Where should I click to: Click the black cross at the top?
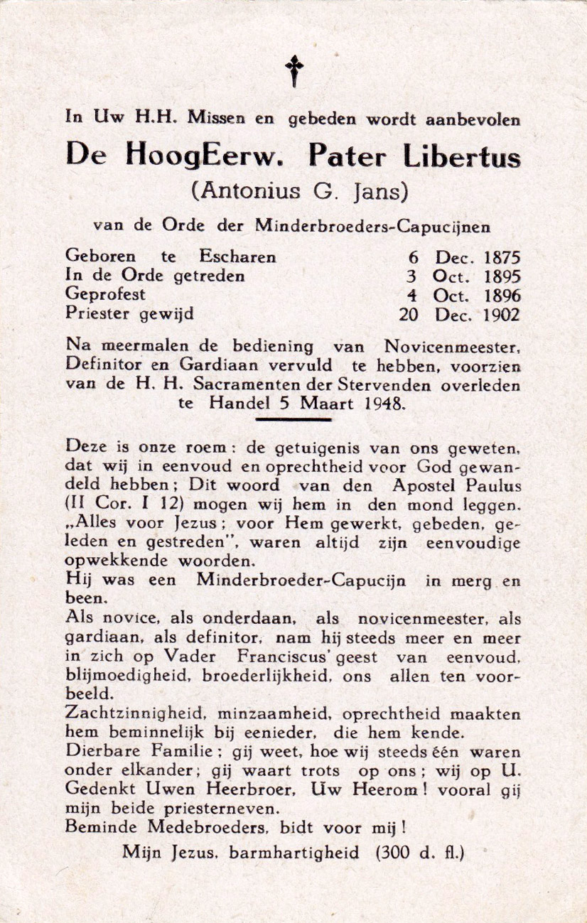click(x=293, y=71)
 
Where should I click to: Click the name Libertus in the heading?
click(x=461, y=156)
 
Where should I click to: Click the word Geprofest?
click(x=105, y=294)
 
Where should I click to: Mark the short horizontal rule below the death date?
click(x=293, y=419)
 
